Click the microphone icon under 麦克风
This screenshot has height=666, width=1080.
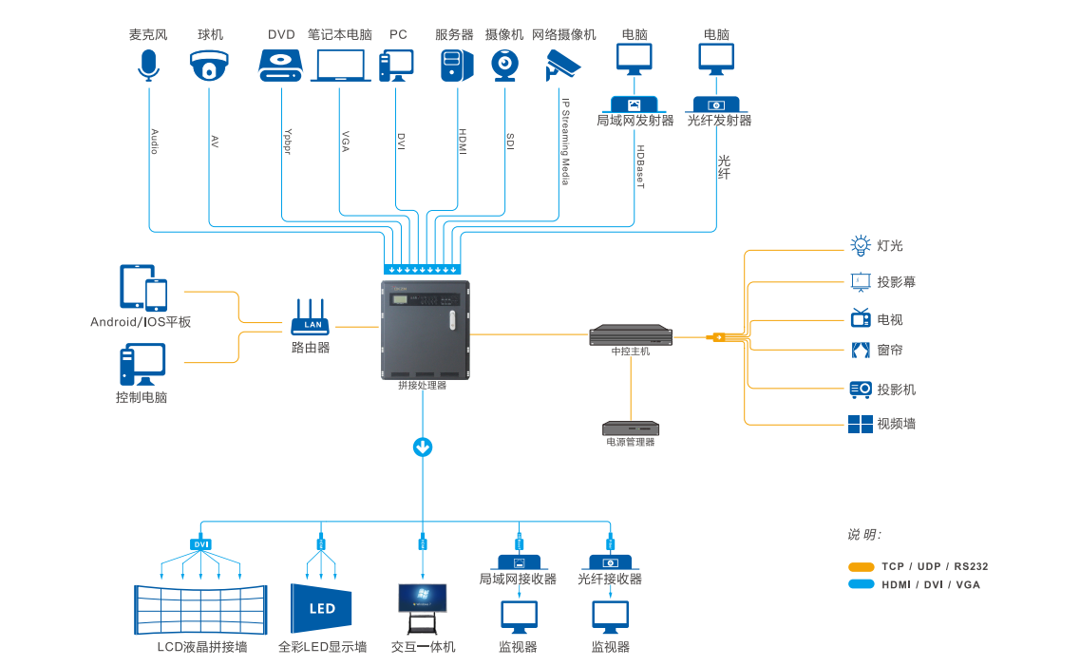(148, 65)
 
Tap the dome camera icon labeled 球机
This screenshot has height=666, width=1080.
(210, 67)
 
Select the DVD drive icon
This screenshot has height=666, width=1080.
(281, 65)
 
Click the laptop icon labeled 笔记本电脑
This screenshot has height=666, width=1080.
(340, 66)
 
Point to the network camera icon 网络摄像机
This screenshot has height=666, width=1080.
(562, 65)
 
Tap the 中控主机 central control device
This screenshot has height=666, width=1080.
(631, 335)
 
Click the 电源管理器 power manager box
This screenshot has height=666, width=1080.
(631, 428)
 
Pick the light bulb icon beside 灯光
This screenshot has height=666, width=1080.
(861, 245)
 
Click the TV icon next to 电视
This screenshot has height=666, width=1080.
(861, 317)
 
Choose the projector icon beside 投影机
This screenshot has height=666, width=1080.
(861, 389)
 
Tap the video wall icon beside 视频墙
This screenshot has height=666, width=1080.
(861, 424)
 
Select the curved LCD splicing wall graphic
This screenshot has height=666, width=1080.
(200, 610)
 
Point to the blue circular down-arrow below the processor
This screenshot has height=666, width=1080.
(423, 447)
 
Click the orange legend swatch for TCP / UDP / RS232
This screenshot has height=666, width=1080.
(862, 566)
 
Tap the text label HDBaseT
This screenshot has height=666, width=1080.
(640, 167)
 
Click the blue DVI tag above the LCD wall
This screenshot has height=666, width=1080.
(200, 544)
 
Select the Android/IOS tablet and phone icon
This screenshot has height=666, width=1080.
(143, 288)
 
